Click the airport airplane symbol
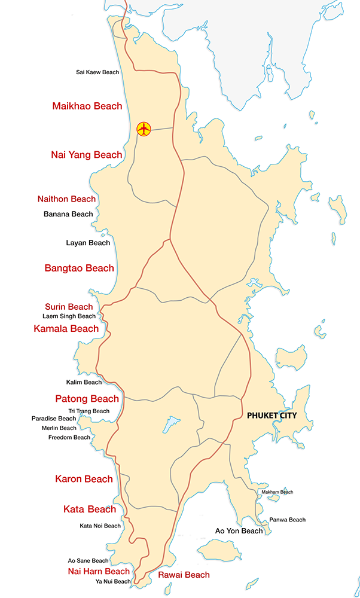click(x=144, y=129)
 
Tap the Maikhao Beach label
click(x=87, y=106)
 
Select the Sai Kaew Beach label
click(x=97, y=72)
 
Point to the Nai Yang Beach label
click(x=87, y=155)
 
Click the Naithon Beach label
click(x=66, y=199)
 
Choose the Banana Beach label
click(x=68, y=214)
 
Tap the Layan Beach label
click(x=88, y=243)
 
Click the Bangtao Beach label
click(x=79, y=268)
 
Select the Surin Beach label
click(x=69, y=307)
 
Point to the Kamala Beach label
click(x=66, y=328)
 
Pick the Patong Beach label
click(x=87, y=398)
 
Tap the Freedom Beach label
click(x=69, y=438)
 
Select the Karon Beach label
click(x=84, y=479)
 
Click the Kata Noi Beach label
click(x=100, y=526)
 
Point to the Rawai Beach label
click(x=184, y=575)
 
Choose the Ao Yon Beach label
click(x=239, y=531)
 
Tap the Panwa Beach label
click(x=287, y=520)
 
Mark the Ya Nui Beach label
click(x=113, y=581)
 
